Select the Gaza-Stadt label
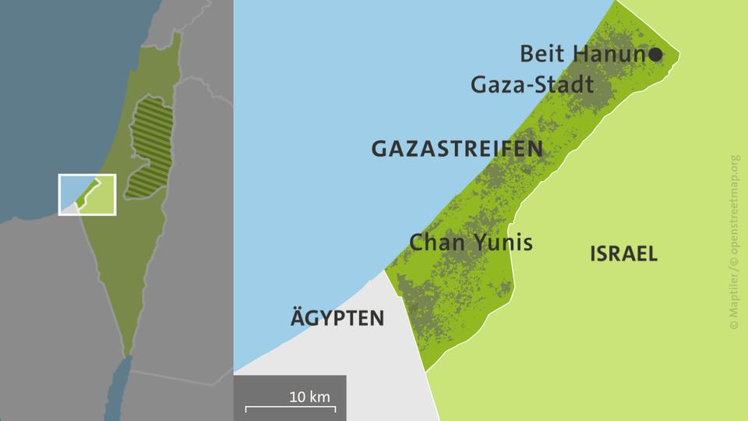[x=532, y=84]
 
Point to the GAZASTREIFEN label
[x=457, y=149]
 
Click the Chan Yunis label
[x=471, y=242]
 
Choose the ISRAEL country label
[x=623, y=253]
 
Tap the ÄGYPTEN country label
[x=337, y=318]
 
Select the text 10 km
[x=309, y=396]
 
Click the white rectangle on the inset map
[x=87, y=194]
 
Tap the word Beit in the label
[x=544, y=55]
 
